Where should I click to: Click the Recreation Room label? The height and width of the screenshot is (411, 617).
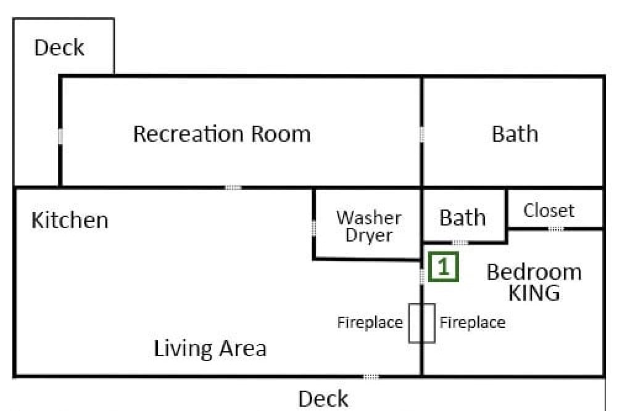[222, 134]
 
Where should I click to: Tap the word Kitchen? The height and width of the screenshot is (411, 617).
[70, 219]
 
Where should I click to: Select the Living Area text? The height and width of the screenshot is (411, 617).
[210, 349]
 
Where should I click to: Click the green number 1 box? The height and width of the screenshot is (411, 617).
[444, 267]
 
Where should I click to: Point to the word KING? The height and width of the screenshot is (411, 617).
[534, 293]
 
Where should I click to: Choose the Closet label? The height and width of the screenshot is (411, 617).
[549, 210]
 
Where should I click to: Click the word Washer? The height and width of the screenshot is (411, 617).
[369, 218]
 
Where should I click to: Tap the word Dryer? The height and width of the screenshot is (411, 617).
[369, 235]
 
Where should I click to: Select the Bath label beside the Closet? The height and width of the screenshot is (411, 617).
[462, 218]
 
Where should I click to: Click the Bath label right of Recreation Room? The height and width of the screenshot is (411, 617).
[515, 134]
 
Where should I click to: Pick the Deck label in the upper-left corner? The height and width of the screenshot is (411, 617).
[59, 47]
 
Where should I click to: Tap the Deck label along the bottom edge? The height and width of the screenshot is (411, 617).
[323, 399]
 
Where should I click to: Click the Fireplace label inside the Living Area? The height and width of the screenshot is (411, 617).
[370, 323]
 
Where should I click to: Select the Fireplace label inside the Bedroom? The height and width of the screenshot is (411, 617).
[472, 323]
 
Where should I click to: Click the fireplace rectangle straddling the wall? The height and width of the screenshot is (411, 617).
[409, 323]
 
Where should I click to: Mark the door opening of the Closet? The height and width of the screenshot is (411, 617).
[556, 229]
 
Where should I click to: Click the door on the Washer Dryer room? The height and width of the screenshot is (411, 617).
[313, 228]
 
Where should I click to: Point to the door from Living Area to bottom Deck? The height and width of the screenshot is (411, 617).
[371, 377]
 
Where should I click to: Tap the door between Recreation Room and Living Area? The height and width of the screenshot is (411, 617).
[233, 187]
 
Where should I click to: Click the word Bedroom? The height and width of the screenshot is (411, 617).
[534, 272]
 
